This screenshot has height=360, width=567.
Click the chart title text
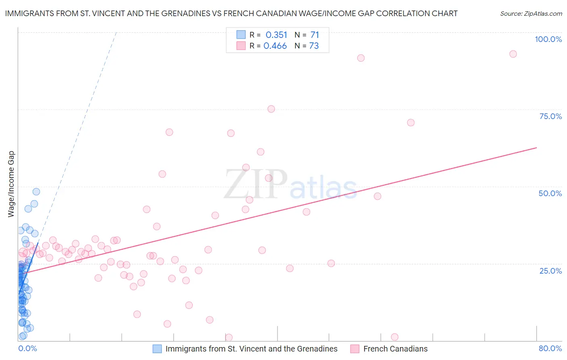tap(231, 13)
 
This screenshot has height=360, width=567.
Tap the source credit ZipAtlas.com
tap(531, 13)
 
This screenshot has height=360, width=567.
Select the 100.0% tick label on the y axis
tap(548, 39)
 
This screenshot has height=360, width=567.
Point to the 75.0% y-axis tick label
tap(550, 116)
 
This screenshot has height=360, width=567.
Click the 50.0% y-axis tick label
tap(550, 193)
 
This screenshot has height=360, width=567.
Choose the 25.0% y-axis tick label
tap(550, 270)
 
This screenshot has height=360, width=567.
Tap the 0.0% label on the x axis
tap(27, 348)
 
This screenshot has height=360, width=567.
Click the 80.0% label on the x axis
tap(550, 348)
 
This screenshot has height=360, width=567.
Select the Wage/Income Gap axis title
tap(11, 184)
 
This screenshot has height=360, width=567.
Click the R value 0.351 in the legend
tap(276, 35)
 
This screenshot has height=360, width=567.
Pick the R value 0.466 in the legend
tap(275, 46)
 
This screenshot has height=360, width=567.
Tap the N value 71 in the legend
tap(315, 35)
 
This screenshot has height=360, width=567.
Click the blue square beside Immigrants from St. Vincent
tap(157, 349)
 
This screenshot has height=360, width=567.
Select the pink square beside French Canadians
tap(355, 349)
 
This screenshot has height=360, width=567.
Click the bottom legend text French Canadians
tap(395, 349)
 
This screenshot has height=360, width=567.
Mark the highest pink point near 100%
tap(513, 54)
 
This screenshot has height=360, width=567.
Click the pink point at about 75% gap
tap(271, 109)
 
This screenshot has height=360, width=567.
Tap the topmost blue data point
tap(36, 192)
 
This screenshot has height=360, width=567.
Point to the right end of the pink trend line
tap(536, 148)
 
